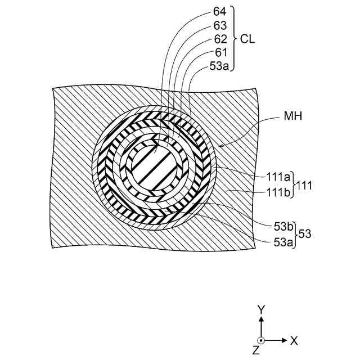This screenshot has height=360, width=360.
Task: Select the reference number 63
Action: click(x=220, y=25)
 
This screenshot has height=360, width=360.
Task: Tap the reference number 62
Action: click(x=220, y=39)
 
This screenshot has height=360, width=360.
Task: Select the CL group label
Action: click(x=248, y=39)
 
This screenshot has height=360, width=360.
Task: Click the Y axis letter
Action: click(x=260, y=310)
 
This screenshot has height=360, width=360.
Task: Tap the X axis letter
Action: click(x=294, y=340)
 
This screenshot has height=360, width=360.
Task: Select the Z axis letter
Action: click(x=256, y=350)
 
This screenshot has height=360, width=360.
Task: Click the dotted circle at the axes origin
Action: click(x=260, y=340)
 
